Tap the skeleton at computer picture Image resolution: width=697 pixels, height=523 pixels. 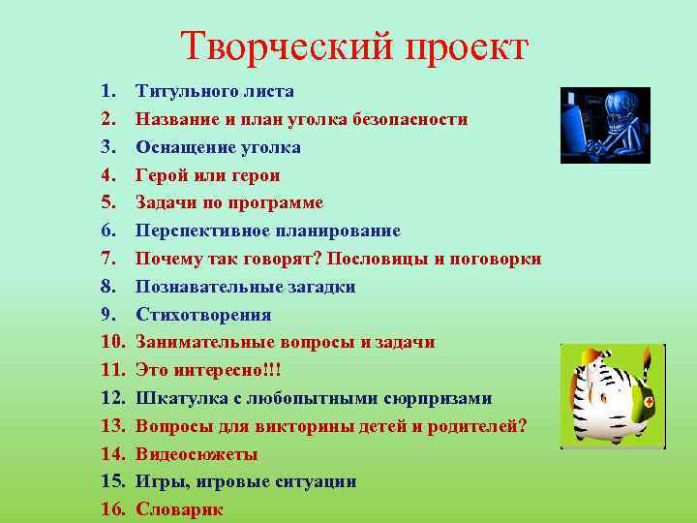[605, 125]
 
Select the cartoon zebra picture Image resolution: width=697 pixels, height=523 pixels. [612, 395]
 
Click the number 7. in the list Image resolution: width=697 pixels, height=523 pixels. [108, 260]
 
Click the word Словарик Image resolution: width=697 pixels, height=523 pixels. [179, 509]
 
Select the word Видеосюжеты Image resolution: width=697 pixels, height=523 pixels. [197, 454]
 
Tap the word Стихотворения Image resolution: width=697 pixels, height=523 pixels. [203, 315]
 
